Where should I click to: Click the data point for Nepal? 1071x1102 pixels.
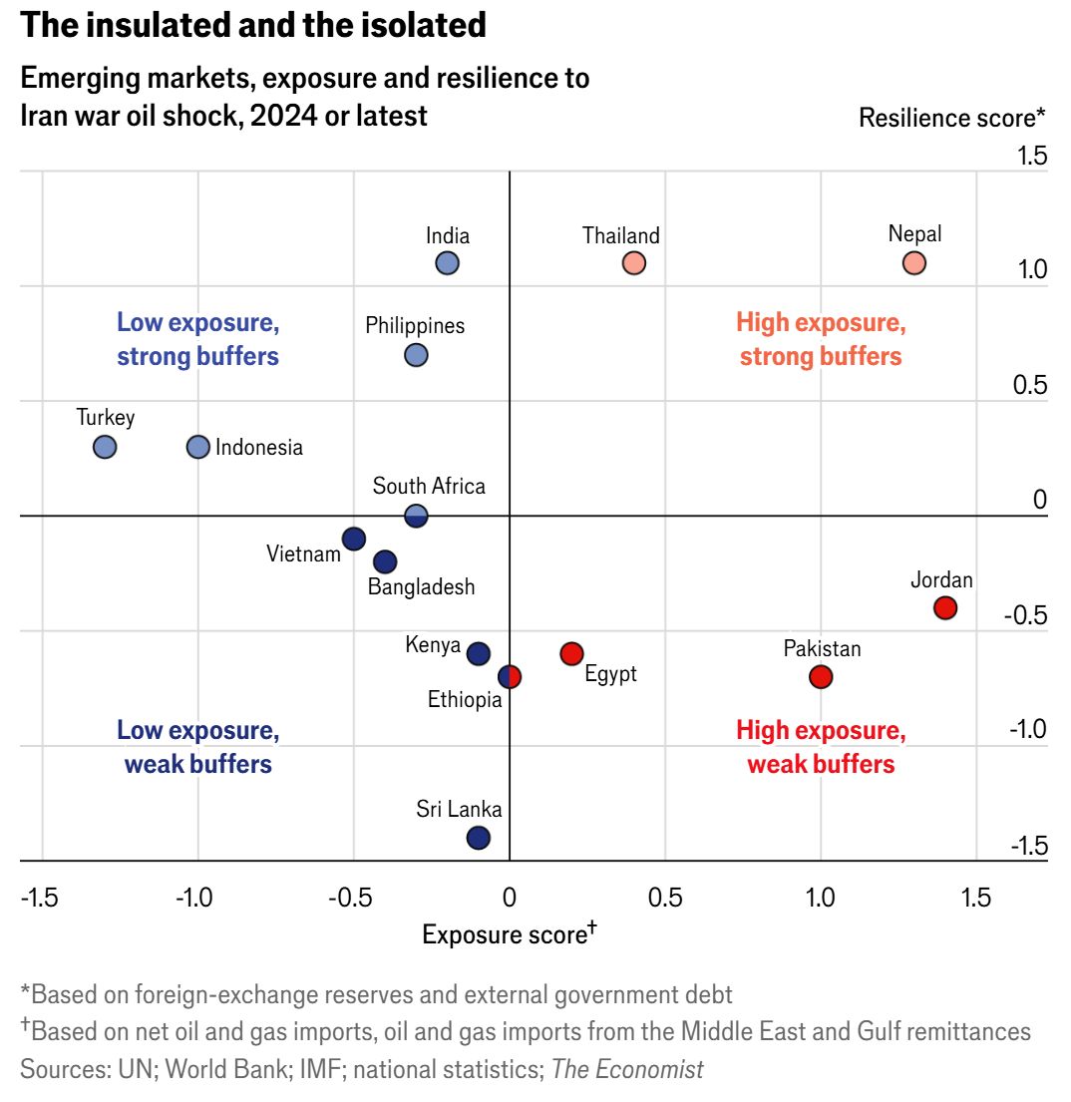tap(914, 263)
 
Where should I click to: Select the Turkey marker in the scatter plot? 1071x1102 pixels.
tap(105, 447)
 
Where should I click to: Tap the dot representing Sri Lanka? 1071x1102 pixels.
tap(479, 838)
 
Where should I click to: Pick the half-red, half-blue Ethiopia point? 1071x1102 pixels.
tap(510, 676)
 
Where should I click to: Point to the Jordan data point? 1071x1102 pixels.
tap(945, 607)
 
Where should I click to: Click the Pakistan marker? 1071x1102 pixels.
tap(821, 677)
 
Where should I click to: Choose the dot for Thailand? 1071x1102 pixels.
tap(634, 263)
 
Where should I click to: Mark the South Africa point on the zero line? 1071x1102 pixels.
tap(416, 516)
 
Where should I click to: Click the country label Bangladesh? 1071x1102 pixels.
tap(421, 587)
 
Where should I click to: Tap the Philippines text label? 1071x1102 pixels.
tap(415, 325)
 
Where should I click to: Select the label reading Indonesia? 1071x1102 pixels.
tap(259, 448)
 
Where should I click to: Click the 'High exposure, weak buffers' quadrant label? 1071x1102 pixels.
tap(821, 747)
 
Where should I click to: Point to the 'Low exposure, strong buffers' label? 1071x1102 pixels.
tap(197, 339)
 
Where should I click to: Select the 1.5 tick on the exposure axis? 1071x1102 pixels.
tap(976, 898)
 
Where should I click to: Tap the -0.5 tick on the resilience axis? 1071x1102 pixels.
tap(1025, 614)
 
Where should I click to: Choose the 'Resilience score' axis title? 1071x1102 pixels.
tap(951, 118)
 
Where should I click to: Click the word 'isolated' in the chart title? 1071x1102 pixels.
tap(419, 25)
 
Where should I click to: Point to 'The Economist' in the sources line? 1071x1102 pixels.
tap(627, 1070)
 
